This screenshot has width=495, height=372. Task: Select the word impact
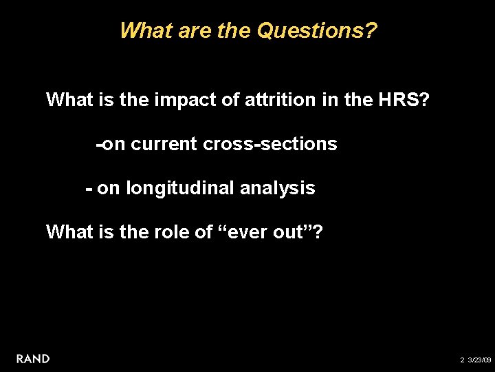click(x=181, y=100)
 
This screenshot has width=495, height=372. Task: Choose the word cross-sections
click(x=270, y=144)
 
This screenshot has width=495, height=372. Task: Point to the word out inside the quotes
click(x=289, y=232)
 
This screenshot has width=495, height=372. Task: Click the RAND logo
click(x=33, y=358)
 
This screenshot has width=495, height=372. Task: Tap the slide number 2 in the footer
click(x=462, y=360)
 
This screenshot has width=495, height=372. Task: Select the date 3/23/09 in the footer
click(x=479, y=360)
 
